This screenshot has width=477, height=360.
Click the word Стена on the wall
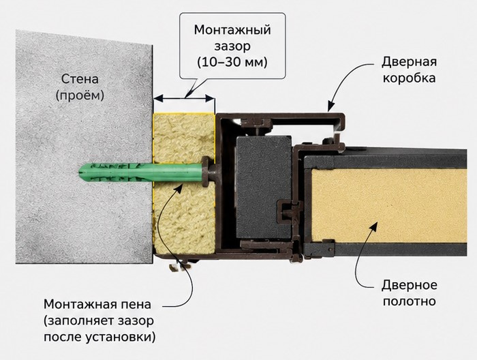(80, 79)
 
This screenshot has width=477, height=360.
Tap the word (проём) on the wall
(80, 95)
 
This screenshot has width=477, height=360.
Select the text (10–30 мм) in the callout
(232, 62)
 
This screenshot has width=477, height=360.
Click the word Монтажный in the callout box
(232, 30)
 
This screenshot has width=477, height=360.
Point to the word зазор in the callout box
(232, 46)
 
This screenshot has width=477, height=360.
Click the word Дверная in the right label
(409, 62)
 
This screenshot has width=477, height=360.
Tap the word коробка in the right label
(409, 78)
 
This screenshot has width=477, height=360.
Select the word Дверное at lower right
(410, 285)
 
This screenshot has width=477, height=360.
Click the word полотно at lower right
(410, 301)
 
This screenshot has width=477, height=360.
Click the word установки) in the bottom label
(121, 337)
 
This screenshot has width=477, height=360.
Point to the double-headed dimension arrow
(185, 98)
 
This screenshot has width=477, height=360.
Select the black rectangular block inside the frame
(264, 187)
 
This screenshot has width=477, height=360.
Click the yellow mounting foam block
(185, 183)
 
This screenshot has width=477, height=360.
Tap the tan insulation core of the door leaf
(389, 205)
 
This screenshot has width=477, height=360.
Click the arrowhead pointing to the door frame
(330, 107)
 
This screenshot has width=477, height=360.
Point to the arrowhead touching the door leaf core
(374, 226)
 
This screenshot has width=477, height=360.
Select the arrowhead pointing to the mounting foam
(179, 188)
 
